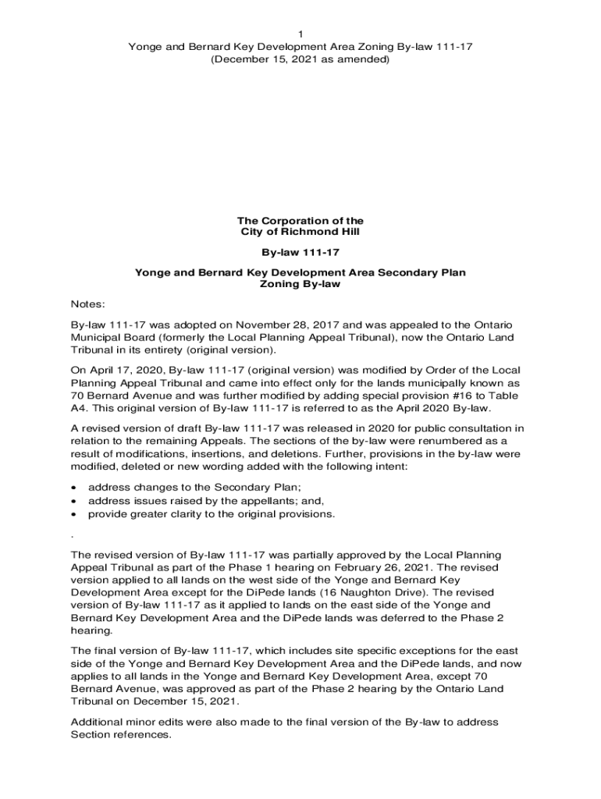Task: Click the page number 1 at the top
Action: [300, 34]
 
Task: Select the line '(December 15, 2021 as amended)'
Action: [300, 59]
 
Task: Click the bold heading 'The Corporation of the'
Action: [300, 221]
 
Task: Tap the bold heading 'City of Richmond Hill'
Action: [300, 233]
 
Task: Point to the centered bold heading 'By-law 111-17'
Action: [300, 253]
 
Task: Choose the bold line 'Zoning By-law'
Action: [300, 285]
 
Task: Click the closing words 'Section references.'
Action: [121, 735]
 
